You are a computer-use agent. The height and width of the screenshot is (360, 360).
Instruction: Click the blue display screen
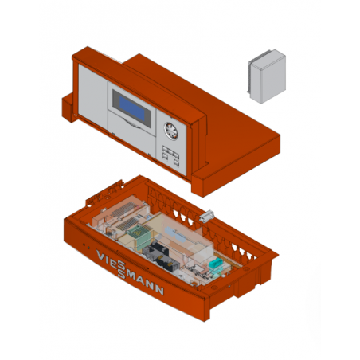(x=132, y=109)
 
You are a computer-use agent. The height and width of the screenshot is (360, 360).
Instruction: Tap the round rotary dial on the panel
(x=171, y=131)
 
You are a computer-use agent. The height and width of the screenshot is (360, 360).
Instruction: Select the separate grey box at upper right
(x=267, y=76)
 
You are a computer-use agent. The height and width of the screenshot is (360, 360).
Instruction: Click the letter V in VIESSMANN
(x=100, y=255)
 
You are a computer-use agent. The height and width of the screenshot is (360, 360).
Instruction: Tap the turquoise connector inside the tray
(x=215, y=263)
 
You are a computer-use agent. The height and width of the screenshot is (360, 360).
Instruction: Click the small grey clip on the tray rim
(x=206, y=216)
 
